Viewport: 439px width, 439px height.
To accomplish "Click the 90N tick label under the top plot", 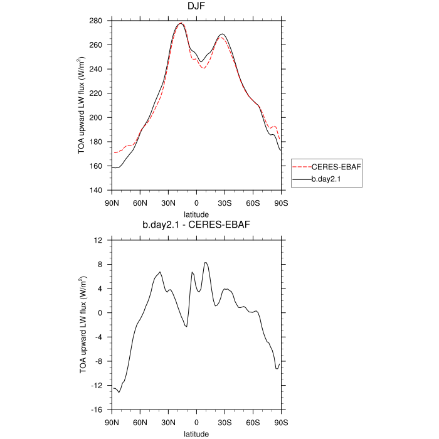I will pos(112,203).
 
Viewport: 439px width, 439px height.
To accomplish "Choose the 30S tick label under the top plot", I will pos(225,203).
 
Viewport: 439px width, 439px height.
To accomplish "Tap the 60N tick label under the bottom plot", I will pos(140,422).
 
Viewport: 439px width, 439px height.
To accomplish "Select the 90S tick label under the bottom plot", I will pos(281,422).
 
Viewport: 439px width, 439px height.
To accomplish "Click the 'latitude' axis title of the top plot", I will pos(196,214).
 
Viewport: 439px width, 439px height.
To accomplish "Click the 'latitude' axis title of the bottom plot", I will pos(196,433).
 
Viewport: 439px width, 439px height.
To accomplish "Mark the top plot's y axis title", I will pos(82,105).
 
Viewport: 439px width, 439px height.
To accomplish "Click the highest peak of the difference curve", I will pos(206,262).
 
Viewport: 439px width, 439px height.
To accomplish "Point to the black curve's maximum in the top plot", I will pos(181,23).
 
